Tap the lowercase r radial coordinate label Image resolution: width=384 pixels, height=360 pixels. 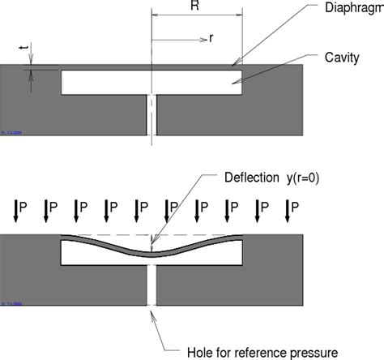pyautogui.click(x=210, y=36)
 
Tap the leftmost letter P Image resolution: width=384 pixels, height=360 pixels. pyautogui.click(x=24, y=208)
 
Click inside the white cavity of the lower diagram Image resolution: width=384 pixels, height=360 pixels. pyautogui.click(x=97, y=255)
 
